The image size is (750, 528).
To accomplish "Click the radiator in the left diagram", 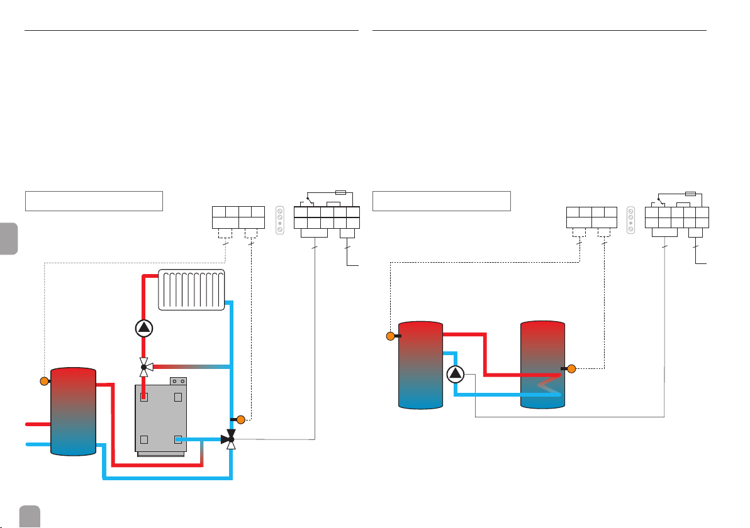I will [192, 289].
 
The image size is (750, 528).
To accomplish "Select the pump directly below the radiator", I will [144, 327].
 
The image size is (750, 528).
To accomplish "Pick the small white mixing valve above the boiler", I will [143, 366].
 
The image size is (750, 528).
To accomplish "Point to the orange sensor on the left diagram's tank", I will [44, 381].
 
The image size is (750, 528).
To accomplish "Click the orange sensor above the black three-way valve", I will [240, 420].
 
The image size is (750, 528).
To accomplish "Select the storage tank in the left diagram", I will [73, 411].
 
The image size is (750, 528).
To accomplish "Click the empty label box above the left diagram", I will [94, 201].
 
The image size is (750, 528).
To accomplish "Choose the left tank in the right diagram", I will [420, 365].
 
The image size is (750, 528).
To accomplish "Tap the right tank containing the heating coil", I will [543, 365].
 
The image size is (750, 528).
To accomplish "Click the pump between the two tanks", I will [455, 375].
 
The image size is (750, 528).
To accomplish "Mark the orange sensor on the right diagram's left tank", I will [391, 336].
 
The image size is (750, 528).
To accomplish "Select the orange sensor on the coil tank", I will [571, 368].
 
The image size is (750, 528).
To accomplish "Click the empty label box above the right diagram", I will [441, 201].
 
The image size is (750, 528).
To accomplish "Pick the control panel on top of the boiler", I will [178, 381].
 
